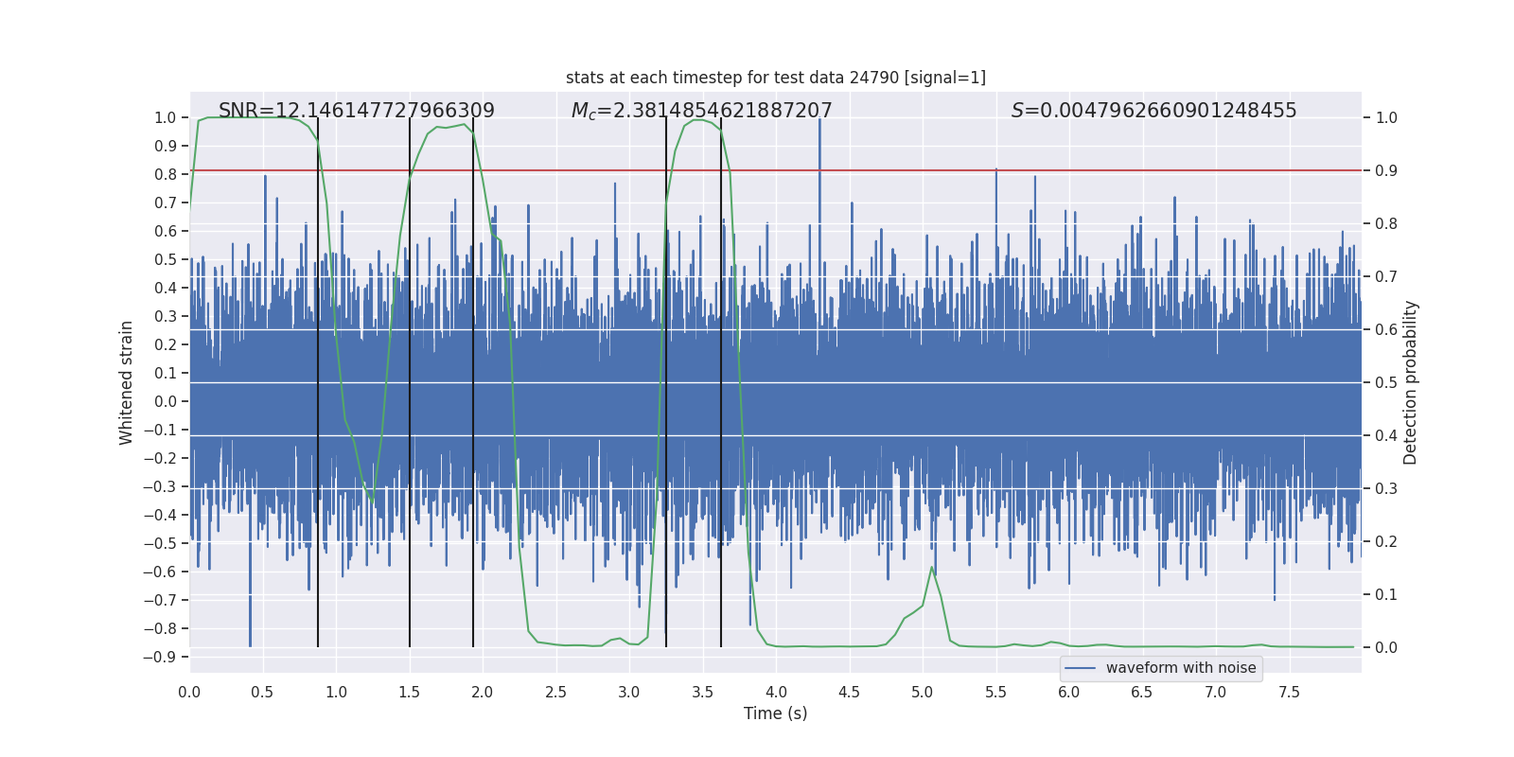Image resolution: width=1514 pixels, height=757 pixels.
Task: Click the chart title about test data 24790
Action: (775, 78)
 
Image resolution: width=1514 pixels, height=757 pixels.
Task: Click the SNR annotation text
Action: (356, 111)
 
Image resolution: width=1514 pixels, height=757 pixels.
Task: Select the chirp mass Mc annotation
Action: (701, 111)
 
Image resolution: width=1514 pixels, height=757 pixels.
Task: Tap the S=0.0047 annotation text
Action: (1153, 111)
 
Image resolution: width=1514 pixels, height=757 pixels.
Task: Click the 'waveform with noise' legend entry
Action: (1180, 668)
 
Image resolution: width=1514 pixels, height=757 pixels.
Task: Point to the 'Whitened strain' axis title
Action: (126, 382)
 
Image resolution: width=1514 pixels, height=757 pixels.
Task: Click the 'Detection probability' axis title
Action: (1411, 382)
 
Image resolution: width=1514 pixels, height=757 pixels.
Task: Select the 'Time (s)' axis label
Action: (775, 713)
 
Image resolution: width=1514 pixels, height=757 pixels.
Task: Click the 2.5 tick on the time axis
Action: (555, 693)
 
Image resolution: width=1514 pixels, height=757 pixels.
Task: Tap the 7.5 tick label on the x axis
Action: (1289, 693)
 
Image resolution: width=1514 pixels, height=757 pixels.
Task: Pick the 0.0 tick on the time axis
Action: (189, 693)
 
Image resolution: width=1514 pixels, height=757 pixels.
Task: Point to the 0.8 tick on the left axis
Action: (165, 174)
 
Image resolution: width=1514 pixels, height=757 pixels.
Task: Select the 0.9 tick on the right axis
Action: (1386, 170)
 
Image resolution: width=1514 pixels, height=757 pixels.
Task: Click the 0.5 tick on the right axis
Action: (1386, 382)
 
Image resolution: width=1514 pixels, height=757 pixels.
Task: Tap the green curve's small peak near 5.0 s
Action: (931, 568)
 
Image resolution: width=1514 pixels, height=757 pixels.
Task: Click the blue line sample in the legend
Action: (1080, 668)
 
